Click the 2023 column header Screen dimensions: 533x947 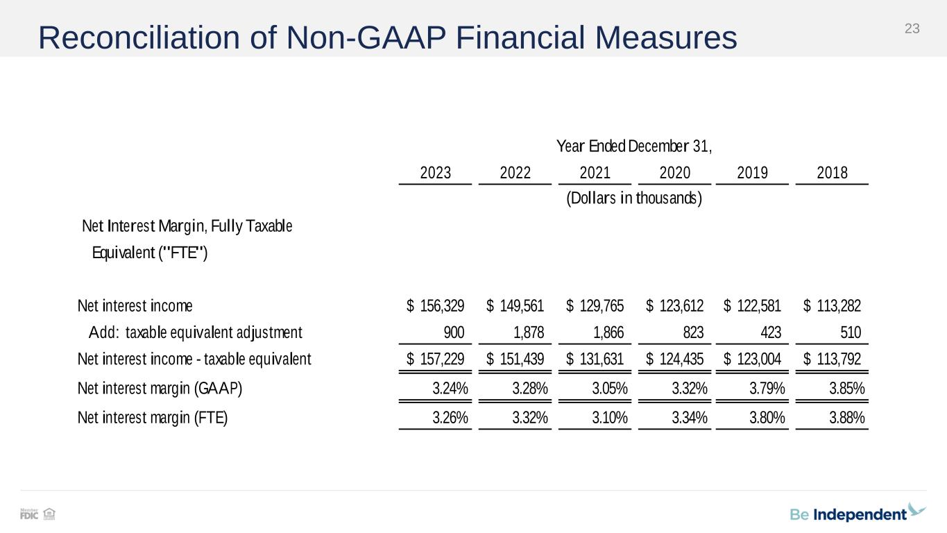click(436, 173)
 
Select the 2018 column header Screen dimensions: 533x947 click(832, 173)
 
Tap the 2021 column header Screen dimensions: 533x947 click(595, 173)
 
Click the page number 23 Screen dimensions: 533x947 click(912, 28)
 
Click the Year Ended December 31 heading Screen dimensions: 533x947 click(634, 146)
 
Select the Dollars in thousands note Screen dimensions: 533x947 click(634, 198)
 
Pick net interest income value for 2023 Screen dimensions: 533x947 click(436, 306)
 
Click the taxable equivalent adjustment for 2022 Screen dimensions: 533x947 click(529, 333)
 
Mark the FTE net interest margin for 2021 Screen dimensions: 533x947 click(610, 418)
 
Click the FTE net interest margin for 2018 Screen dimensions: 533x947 click(846, 418)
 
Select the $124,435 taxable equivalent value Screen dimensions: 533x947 click(675, 359)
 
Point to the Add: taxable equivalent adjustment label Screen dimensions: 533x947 click(195, 333)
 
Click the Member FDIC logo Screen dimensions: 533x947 click(29, 514)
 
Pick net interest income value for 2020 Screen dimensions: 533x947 click(675, 306)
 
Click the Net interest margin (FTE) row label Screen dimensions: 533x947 click(153, 418)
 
